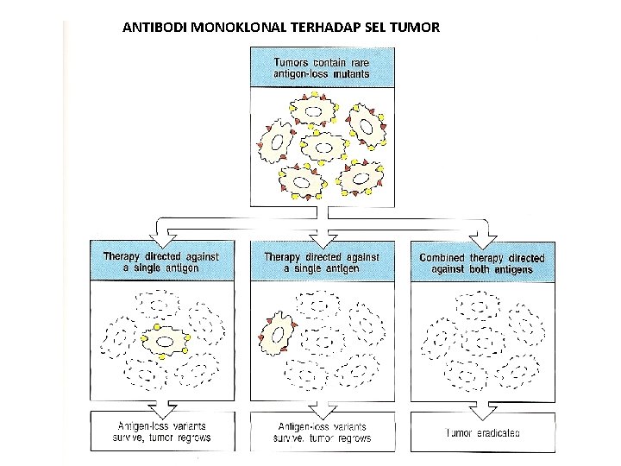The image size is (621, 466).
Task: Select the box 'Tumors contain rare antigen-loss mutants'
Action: coord(322,67)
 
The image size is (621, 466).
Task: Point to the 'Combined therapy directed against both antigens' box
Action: coord(482,263)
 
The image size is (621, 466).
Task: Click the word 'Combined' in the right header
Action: coord(442,257)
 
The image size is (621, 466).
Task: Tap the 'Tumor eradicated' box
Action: coord(482,431)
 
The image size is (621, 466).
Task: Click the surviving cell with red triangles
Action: coord(277,334)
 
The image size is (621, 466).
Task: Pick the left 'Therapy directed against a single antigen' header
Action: coord(161,262)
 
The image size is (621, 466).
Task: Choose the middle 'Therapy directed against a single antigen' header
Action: coord(322,262)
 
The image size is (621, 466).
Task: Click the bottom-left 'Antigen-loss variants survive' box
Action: coord(162,431)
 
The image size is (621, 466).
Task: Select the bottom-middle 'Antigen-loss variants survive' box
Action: coord(322,431)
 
